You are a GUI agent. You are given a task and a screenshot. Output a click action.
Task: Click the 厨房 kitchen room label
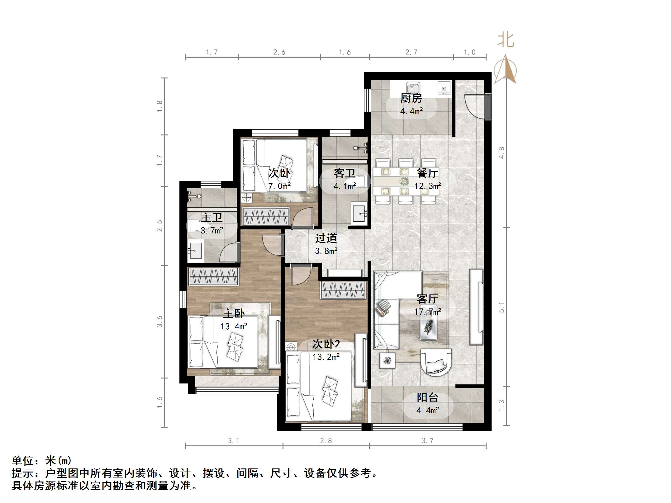tap(411, 98)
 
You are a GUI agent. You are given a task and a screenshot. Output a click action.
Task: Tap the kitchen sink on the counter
tap(413, 87)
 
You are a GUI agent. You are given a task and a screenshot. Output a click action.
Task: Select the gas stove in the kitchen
tap(444, 88)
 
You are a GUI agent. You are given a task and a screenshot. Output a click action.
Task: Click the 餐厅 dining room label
tap(427, 173)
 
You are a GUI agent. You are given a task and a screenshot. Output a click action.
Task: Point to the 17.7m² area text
tap(427, 312)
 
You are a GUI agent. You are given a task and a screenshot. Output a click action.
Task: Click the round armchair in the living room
tap(435, 362)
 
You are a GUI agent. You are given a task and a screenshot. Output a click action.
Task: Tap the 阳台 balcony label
tap(427, 397)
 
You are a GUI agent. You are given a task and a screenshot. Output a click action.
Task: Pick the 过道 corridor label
tap(326, 238)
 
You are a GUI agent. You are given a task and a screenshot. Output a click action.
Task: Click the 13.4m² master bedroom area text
tap(234, 326)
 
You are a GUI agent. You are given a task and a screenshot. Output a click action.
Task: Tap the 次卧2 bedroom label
tap(326, 344)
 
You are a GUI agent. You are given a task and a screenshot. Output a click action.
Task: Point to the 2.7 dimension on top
tap(411, 52)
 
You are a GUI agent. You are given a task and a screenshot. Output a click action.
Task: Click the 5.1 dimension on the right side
tap(501, 307)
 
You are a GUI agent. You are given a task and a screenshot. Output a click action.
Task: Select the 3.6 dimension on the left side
tap(159, 321)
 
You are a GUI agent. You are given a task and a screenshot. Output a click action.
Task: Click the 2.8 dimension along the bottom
tap(326, 440)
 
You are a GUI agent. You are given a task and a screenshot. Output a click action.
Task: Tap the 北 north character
tap(505, 40)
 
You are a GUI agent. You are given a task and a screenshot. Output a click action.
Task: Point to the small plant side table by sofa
tap(387, 360)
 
